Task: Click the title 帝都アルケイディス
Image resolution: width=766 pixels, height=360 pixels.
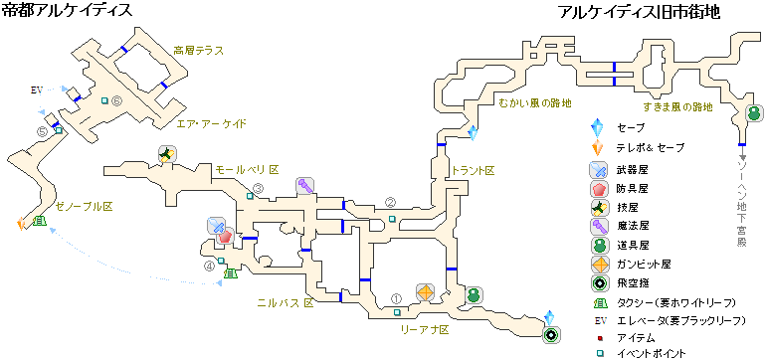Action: click(x=66, y=12)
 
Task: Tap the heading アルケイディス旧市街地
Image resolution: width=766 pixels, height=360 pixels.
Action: click(x=639, y=13)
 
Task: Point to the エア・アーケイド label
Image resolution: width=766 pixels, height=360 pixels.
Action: click(x=211, y=124)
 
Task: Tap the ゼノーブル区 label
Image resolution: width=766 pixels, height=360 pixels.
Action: click(x=85, y=205)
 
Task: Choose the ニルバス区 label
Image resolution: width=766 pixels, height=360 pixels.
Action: click(x=285, y=300)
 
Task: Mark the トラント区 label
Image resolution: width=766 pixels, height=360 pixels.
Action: click(x=473, y=171)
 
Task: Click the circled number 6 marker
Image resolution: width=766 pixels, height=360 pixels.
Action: click(x=116, y=100)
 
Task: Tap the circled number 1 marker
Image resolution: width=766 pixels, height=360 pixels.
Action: click(x=396, y=295)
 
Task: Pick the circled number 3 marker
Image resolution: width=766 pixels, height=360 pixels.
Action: click(x=258, y=189)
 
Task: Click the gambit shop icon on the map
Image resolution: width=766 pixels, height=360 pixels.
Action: click(x=426, y=291)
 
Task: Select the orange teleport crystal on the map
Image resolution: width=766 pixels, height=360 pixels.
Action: click(x=21, y=224)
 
